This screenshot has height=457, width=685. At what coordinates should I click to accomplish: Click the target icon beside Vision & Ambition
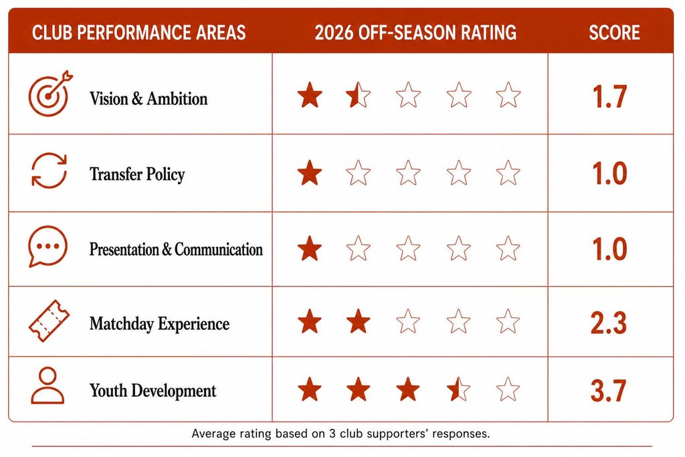point(49,94)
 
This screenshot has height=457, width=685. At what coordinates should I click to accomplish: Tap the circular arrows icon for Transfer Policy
point(49,171)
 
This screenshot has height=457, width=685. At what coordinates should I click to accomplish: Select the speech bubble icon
point(47,246)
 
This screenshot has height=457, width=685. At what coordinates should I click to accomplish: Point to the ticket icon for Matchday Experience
point(49,321)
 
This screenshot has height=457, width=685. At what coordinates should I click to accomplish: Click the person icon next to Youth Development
point(47,385)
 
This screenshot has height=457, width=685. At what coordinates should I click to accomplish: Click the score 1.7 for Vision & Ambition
point(609,96)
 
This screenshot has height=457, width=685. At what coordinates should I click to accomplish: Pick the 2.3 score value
point(609,323)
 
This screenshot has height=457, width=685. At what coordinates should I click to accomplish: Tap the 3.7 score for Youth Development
point(608,391)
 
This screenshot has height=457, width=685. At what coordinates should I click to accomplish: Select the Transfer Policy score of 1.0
point(609,173)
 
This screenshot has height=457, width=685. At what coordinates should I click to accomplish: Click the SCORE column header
point(614,33)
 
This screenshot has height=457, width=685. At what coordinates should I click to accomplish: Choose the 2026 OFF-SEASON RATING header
point(415,33)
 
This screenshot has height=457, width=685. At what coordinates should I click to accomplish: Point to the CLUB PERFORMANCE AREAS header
point(139,33)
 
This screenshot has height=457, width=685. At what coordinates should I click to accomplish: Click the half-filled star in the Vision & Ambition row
point(359,95)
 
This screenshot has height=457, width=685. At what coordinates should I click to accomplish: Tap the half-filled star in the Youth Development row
point(458,389)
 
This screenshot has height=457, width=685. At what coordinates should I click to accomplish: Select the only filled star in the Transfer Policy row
point(310,173)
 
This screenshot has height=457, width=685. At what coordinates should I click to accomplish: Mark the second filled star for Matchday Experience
point(359,321)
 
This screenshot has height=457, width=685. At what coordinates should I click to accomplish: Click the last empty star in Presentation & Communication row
point(508,248)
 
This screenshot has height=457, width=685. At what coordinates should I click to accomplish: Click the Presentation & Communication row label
point(176,250)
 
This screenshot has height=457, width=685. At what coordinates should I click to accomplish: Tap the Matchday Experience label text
point(159,324)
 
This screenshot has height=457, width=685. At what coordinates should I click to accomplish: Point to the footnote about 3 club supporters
point(340,434)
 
